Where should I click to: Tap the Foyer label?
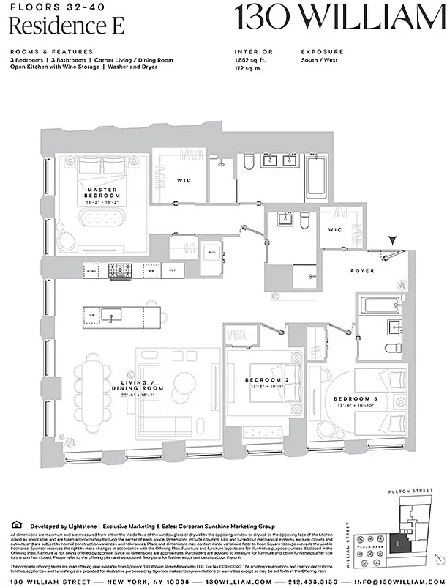coord(362,271)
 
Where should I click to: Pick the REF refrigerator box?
coord(173,271)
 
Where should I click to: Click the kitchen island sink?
coord(111,316)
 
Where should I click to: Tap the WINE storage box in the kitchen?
coord(92,271)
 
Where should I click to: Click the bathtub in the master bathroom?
coord(317,176)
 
